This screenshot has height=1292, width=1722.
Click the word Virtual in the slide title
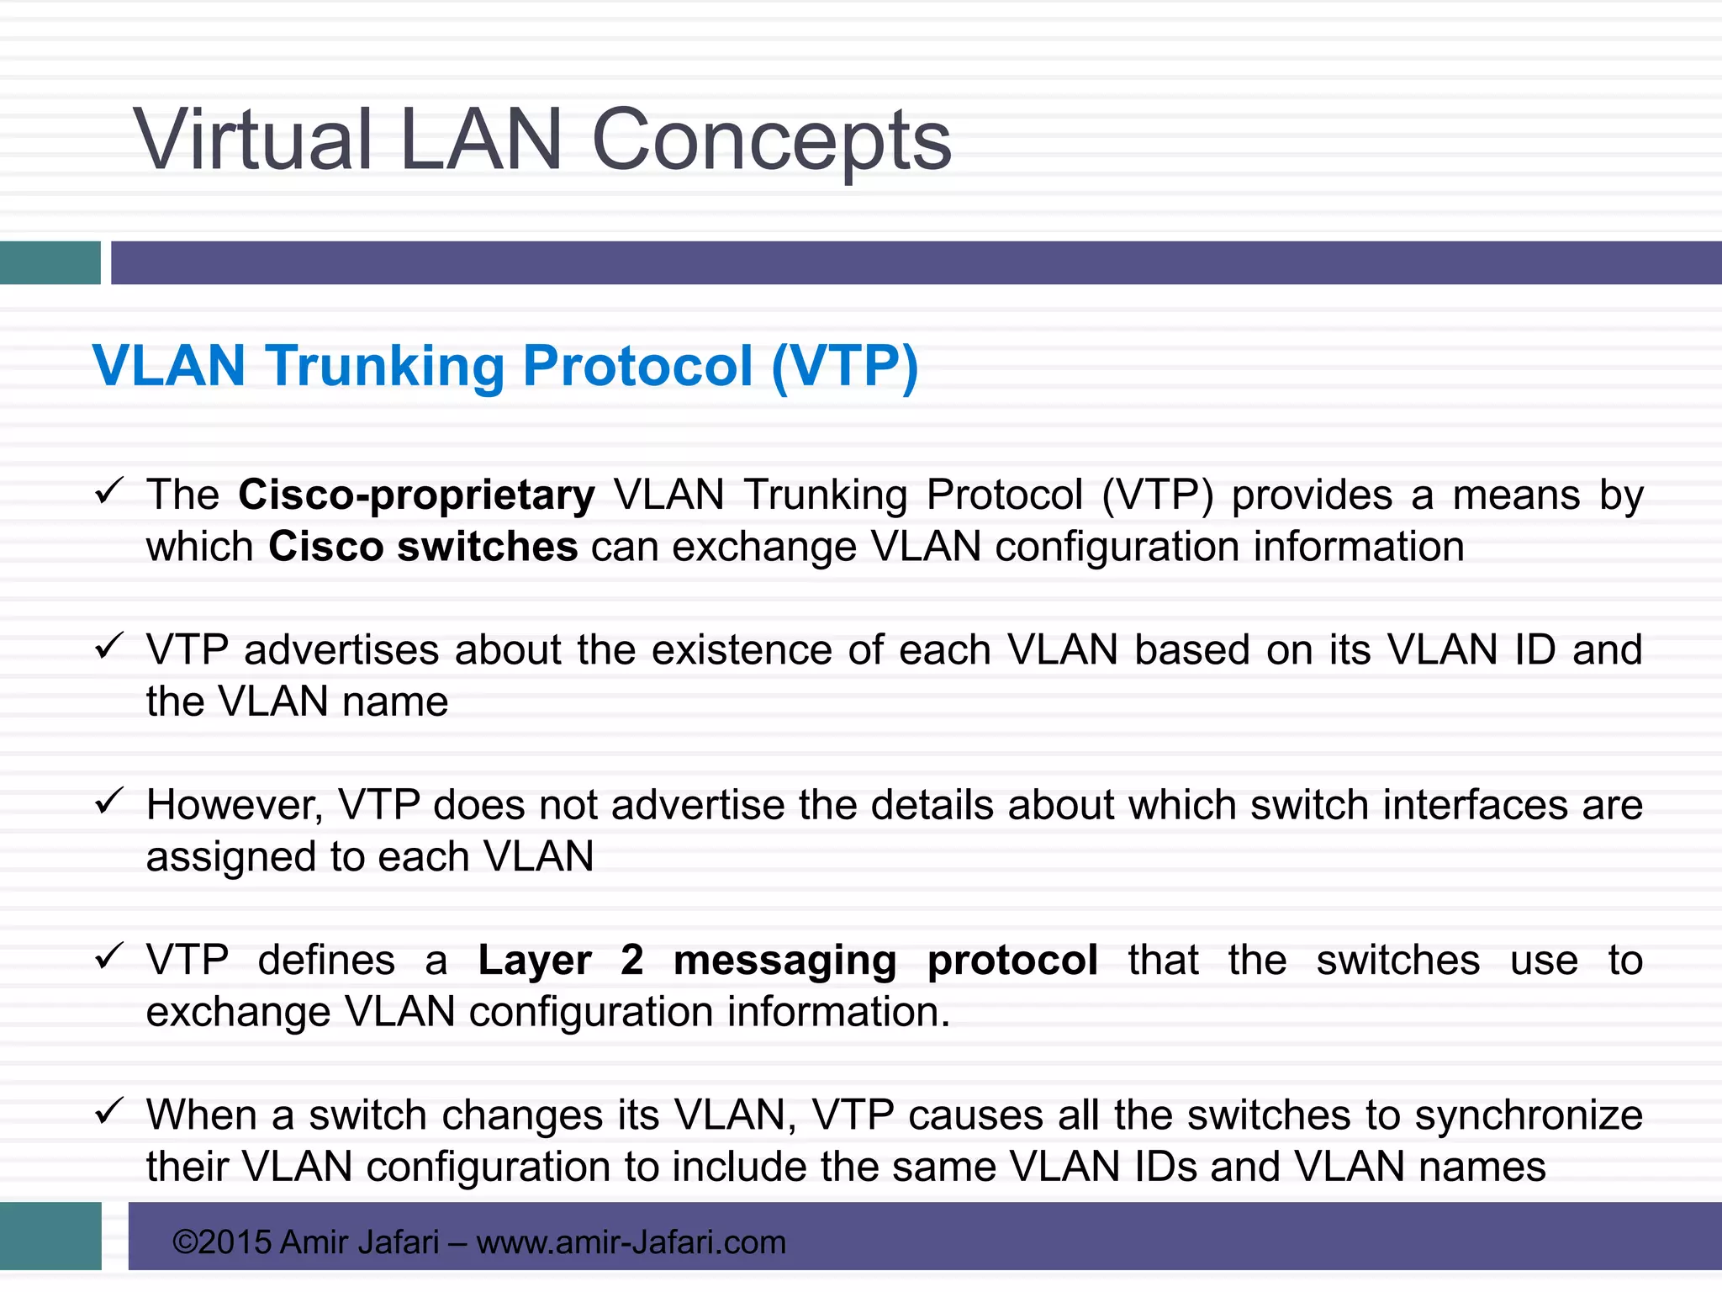[x=252, y=140]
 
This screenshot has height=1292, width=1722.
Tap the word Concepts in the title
[x=771, y=141]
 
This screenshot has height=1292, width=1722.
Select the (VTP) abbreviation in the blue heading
[x=844, y=367]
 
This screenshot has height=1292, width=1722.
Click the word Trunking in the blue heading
[x=385, y=367]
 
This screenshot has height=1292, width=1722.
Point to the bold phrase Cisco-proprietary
[x=416, y=495]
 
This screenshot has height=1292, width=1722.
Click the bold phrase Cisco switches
[x=423, y=548]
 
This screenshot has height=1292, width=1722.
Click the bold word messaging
[x=784, y=961]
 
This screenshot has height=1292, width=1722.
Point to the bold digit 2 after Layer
[x=632, y=960]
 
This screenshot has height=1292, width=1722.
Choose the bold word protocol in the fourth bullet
[x=1012, y=961]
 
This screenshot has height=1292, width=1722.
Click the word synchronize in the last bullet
[x=1528, y=1116]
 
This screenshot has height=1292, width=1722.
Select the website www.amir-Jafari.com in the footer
[x=631, y=1242]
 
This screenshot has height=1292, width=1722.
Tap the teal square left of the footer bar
[x=50, y=1235]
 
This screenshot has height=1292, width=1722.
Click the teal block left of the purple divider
[x=50, y=262]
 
